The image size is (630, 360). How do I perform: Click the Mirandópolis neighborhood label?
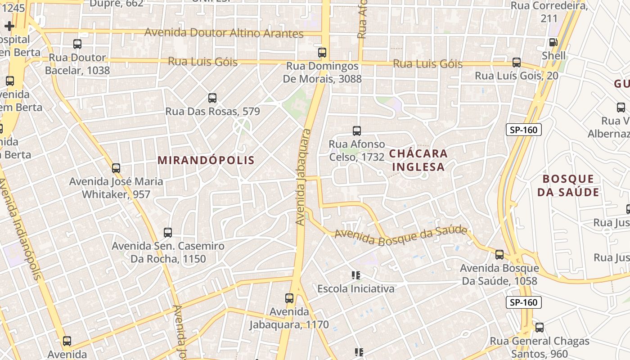click(206, 160)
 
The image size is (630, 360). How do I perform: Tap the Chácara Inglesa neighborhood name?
click(418, 160)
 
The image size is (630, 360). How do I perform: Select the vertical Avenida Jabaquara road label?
click(304, 177)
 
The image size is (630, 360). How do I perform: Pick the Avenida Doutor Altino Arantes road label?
click(224, 33)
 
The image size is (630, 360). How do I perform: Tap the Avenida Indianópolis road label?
click(21, 229)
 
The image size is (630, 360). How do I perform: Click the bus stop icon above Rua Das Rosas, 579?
click(212, 98)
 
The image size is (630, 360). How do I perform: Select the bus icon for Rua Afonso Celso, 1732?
click(357, 131)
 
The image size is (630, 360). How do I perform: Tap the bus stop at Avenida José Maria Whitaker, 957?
click(116, 168)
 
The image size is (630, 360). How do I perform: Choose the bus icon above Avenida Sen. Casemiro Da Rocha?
click(168, 233)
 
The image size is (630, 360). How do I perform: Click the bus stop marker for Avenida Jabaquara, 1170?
click(289, 298)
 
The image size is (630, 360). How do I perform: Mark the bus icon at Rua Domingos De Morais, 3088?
click(322, 52)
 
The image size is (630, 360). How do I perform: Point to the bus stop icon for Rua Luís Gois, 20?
click(517, 63)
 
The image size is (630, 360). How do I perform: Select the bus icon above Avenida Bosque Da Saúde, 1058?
click(499, 255)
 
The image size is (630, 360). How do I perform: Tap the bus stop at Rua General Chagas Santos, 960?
click(540, 328)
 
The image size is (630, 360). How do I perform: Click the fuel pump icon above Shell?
click(553, 42)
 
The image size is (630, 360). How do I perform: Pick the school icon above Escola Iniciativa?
click(356, 275)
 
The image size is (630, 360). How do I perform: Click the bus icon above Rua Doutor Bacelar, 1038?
click(77, 44)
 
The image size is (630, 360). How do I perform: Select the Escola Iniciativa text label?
click(356, 288)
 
